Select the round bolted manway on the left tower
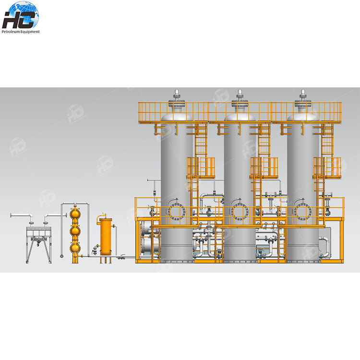[176, 212]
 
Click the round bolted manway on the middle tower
[239, 212]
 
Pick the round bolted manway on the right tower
[302, 212]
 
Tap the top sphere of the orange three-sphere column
[75, 213]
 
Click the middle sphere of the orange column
[75, 231]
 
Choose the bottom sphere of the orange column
[75, 248]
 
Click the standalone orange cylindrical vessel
[106, 233]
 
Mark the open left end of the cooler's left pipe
[12, 215]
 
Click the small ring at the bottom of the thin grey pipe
[62, 256]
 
